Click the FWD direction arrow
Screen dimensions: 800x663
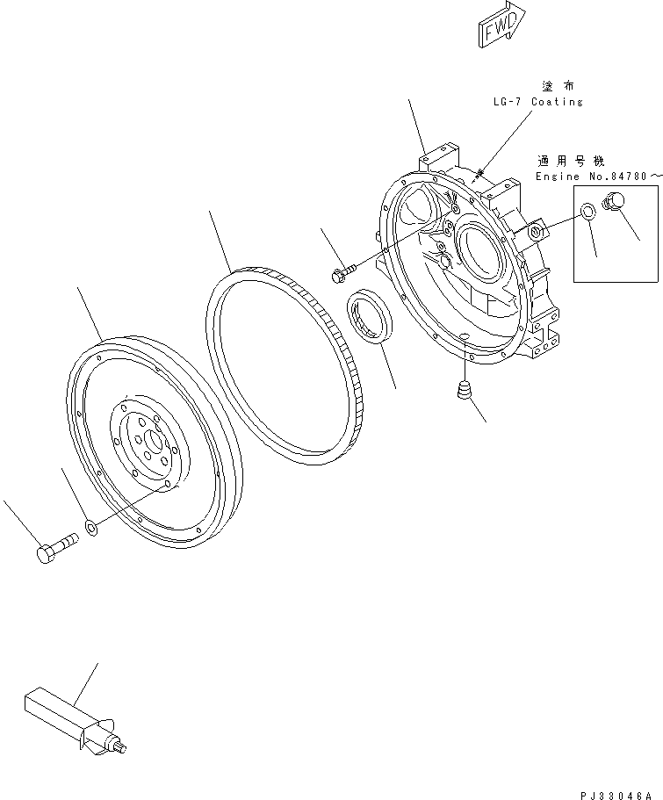(501, 25)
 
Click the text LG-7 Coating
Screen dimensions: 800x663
(537, 102)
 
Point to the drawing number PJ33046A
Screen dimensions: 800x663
(615, 791)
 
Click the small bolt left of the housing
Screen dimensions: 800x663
(342, 275)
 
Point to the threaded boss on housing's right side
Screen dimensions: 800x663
(538, 232)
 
